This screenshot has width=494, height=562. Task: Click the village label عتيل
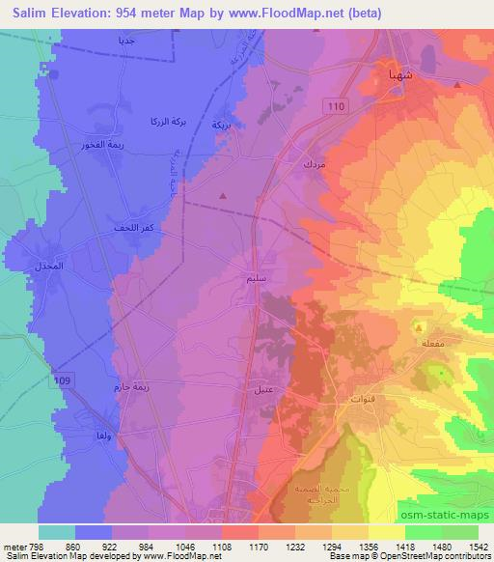[x=261, y=389]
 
